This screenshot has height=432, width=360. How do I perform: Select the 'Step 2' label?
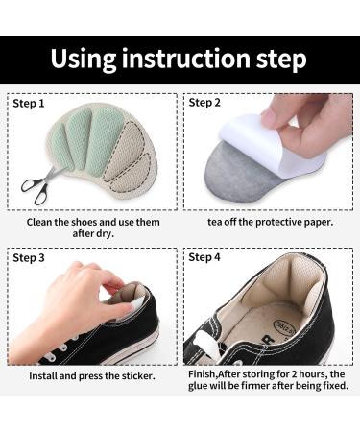pos(205,102)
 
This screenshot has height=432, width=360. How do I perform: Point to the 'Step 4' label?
pos(205,257)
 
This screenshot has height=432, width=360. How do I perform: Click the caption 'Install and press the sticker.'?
pos(93,375)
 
